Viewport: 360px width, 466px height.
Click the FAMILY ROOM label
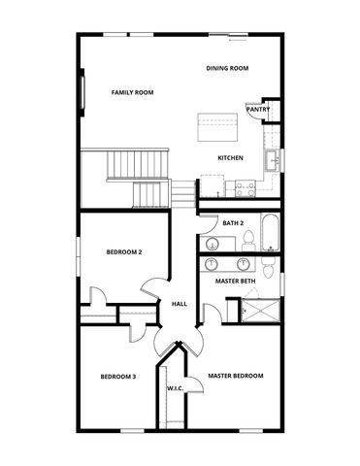[x=133, y=92]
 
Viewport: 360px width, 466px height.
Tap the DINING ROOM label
[x=228, y=68]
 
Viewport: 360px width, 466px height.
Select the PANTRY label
[x=258, y=110]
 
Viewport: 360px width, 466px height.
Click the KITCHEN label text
[x=230, y=157]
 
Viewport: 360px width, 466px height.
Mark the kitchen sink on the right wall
[x=275, y=159]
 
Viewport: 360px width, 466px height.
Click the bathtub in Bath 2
[x=270, y=235]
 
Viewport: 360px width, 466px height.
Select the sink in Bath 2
[x=212, y=243]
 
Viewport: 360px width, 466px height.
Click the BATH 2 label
[x=233, y=223]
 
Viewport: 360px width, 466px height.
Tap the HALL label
[x=180, y=304]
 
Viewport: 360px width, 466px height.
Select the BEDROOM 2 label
[x=124, y=252]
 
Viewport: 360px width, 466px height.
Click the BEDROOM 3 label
[x=118, y=377]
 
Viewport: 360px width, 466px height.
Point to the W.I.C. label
[x=176, y=388]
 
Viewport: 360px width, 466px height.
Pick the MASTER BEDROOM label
[x=236, y=376]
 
